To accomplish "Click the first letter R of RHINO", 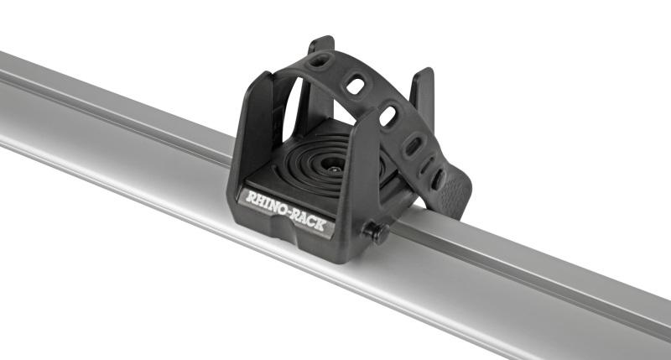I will [x=248, y=198].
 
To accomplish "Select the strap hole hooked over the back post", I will [x=320, y=60].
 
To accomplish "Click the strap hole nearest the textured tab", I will [x=437, y=178].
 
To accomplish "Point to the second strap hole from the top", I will [x=356, y=86].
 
